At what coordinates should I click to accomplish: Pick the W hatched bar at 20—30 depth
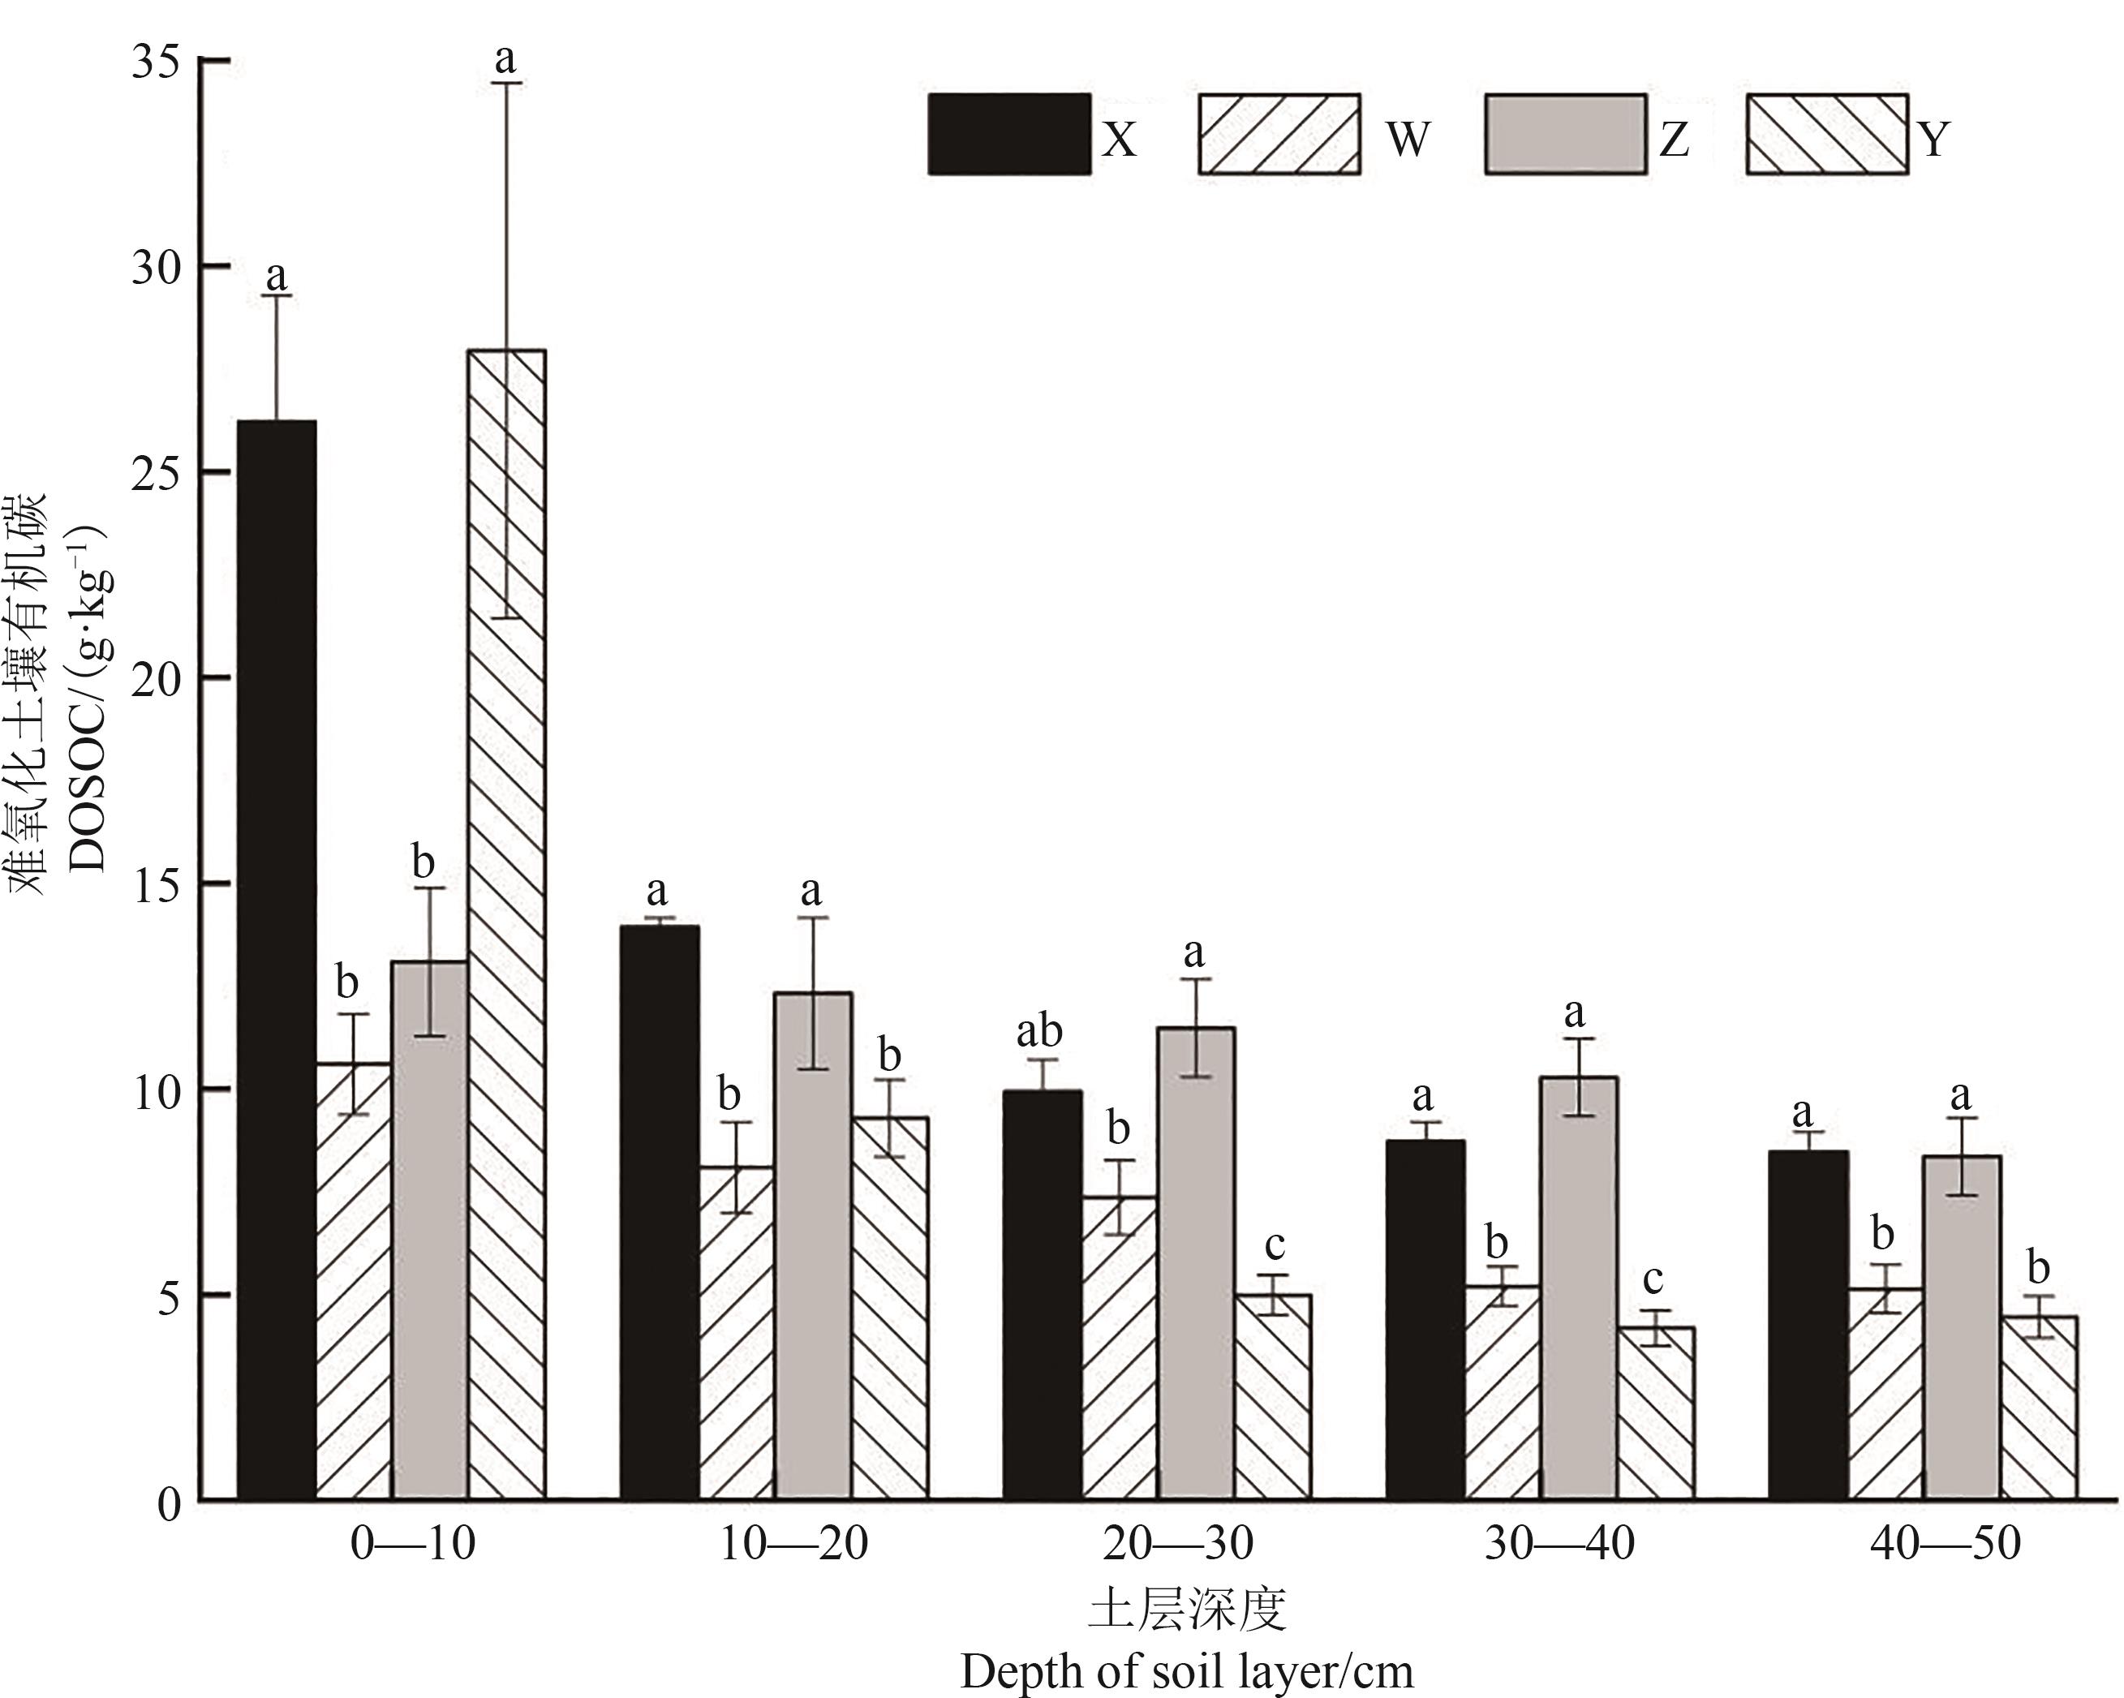click(x=1119, y=1348)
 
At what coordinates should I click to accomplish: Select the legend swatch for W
click(x=1279, y=135)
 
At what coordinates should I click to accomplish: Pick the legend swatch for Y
click(x=1826, y=135)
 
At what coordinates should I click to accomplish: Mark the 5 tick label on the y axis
click(x=170, y=1297)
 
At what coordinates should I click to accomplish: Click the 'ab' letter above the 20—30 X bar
click(x=1039, y=1032)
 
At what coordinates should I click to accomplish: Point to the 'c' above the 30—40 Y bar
click(x=1653, y=1279)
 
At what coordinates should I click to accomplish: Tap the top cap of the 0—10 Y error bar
click(x=506, y=84)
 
